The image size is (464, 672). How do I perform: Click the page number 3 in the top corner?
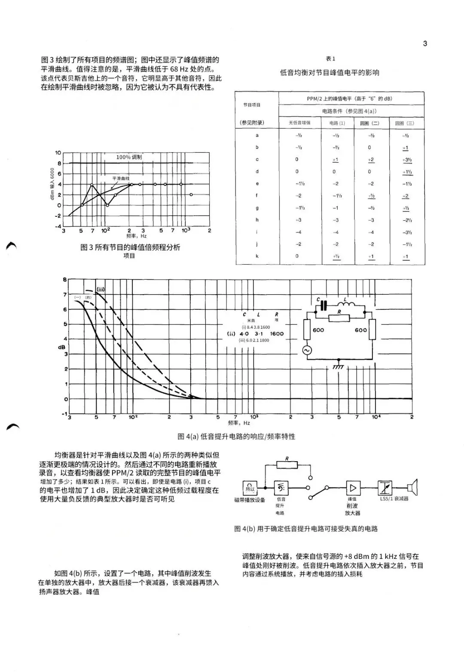tap(425, 43)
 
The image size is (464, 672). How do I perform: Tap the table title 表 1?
tap(330, 59)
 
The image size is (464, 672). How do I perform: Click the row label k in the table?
tap(257, 256)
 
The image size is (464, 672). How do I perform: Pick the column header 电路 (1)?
tap(337, 123)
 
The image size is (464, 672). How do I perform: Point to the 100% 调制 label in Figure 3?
tap(129, 157)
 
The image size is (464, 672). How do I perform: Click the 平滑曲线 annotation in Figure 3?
tap(121, 178)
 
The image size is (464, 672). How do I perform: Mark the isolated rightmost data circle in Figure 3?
tap(191, 194)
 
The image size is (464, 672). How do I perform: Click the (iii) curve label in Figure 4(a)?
tap(101, 289)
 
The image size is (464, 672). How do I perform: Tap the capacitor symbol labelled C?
tap(324, 305)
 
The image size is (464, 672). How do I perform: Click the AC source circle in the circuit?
tap(307, 350)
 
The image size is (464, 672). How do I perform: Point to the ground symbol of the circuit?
tap(339, 367)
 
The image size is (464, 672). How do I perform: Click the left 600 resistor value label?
tap(318, 330)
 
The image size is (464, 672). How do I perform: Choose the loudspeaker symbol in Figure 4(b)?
tap(413, 487)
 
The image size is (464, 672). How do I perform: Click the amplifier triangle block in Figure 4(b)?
tap(353, 487)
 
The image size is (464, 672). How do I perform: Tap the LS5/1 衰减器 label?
tap(394, 499)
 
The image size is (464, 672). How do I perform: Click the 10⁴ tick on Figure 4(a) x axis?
tap(376, 417)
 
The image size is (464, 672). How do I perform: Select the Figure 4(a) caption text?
tap(236, 436)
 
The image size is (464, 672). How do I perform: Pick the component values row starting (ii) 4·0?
tap(255, 333)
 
